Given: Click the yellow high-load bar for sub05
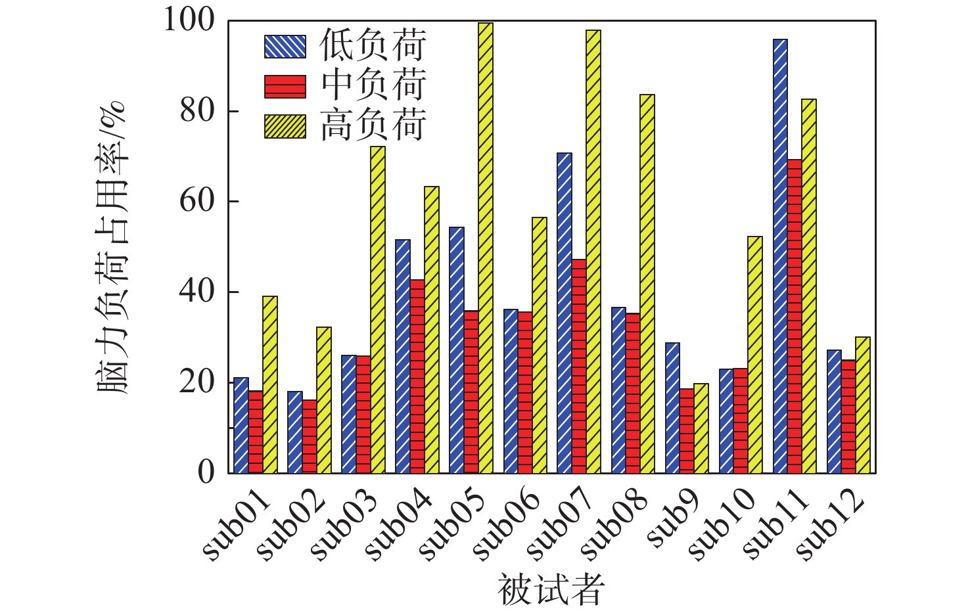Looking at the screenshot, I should [x=486, y=248].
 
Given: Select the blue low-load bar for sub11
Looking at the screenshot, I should [x=780, y=256].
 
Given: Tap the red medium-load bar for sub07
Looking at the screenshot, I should [x=579, y=366].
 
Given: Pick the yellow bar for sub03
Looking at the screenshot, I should [x=378, y=309].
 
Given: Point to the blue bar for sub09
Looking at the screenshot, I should [x=672, y=407].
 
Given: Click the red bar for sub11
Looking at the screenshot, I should [x=795, y=316].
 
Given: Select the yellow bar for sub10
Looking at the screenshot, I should [x=755, y=355].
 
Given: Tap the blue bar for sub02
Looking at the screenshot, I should [x=294, y=432].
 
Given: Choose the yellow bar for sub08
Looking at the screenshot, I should [x=647, y=284].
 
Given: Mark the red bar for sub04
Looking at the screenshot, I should [x=417, y=376].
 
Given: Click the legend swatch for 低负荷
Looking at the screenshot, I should [x=285, y=47].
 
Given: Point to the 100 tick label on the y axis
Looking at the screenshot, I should [x=189, y=21].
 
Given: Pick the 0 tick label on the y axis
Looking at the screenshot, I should [x=206, y=472].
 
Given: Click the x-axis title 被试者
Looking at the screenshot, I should [x=550, y=589].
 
